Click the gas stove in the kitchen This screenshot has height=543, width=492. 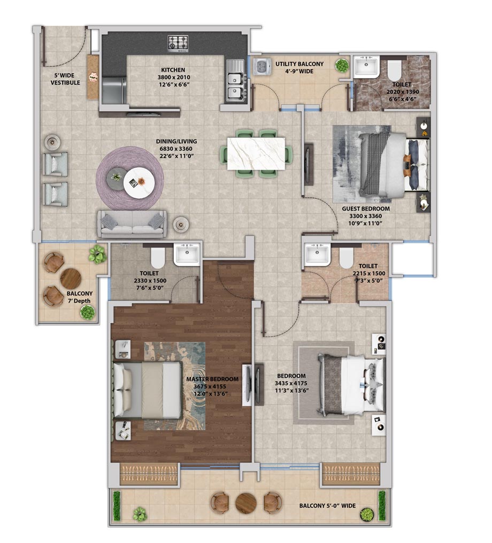(179, 44)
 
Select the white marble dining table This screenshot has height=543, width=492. (256, 153)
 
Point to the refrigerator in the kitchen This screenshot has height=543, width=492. (114, 90)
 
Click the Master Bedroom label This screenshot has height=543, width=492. (212, 379)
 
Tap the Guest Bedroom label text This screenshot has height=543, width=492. (366, 208)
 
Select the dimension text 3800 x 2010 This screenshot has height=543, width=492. (174, 77)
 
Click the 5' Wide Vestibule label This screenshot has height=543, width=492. (65, 79)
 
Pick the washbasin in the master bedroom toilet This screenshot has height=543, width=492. (187, 254)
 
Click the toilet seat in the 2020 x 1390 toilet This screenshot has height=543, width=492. (394, 70)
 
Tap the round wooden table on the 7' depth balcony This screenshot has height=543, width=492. (71, 278)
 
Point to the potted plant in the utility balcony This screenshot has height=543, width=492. (342, 65)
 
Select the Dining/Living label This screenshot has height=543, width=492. (176, 141)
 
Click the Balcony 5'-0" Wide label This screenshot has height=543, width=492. (327, 506)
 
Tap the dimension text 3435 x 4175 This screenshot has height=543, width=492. (291, 383)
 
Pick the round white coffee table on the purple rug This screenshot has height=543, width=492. (139, 182)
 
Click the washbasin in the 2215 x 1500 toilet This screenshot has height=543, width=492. (317, 254)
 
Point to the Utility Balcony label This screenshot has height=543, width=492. (299, 64)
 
